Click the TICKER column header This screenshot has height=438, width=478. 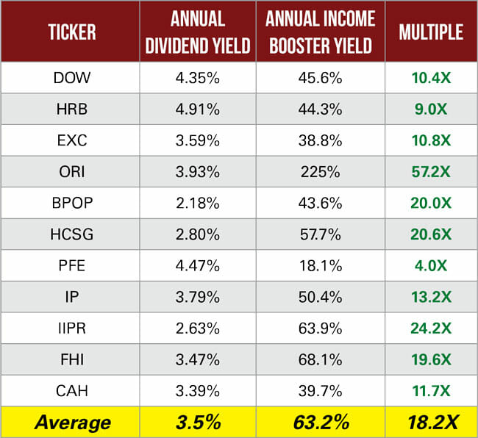tap(72, 32)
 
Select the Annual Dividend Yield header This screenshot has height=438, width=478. tap(196, 32)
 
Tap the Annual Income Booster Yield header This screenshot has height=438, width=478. tap(320, 32)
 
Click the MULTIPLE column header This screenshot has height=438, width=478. tap(430, 32)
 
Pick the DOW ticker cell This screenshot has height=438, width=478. tap(72, 78)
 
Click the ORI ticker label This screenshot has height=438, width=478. tap(72, 172)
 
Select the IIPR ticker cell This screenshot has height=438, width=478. tap(72, 328)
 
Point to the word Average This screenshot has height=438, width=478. tap(72, 423)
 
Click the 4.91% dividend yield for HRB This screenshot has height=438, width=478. tap(196, 109)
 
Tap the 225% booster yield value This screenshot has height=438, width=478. tap(320, 172)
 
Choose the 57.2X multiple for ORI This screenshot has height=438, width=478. tap(430, 172)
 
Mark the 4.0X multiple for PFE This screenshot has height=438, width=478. tap(430, 266)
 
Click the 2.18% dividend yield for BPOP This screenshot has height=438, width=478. tap(196, 204)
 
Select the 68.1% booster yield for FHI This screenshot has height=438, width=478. tap(320, 360)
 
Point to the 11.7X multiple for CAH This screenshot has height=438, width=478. tap(430, 391)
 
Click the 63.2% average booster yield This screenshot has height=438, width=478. tap(320, 423)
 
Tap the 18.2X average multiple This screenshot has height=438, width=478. tap(430, 423)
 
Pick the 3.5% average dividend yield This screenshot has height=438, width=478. tap(196, 423)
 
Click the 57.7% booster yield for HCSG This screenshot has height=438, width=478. tap(320, 234)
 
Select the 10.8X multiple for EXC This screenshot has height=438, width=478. tap(430, 140)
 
